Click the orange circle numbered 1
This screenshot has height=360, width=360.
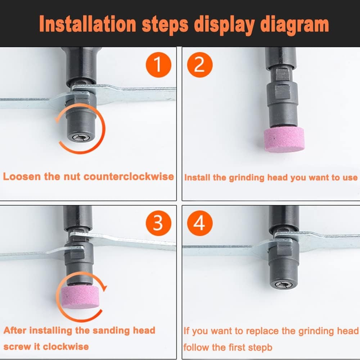pos(158,65)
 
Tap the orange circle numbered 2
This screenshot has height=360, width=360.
pos(200,65)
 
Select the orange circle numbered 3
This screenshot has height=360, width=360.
pos(158,223)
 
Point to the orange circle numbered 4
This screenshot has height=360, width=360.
pos(200,223)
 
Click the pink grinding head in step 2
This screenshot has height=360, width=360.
pos(284,140)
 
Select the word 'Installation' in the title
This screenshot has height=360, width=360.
pos(88,24)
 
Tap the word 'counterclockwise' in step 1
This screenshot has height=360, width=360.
pos(129,176)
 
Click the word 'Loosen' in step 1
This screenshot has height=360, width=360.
pos(22,176)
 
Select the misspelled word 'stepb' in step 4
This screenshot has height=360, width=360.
pos(261,347)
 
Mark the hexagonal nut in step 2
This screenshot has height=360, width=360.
pos(282,91)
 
